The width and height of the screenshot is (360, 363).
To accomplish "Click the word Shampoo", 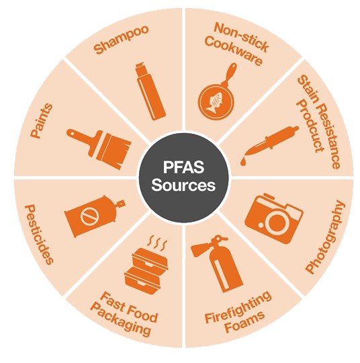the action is [121, 40].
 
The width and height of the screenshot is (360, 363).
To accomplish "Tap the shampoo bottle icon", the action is [150, 91].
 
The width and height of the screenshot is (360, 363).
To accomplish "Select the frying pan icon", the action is [218, 93].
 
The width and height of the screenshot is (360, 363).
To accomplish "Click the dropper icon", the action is [269, 146].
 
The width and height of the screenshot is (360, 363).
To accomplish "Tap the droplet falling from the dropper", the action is [243, 162].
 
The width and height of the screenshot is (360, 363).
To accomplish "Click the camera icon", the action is [274, 218].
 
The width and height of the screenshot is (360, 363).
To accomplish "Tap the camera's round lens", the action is [277, 221].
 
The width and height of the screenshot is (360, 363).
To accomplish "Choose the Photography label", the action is [325, 237].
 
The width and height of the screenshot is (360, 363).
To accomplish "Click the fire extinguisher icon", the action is [217, 264].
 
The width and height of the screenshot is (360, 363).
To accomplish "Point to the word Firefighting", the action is [238, 307].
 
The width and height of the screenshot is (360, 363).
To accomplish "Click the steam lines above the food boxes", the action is [157, 243].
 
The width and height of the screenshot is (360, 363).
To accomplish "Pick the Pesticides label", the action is [39, 235].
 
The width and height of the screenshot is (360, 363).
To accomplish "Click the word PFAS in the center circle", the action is [184, 167].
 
